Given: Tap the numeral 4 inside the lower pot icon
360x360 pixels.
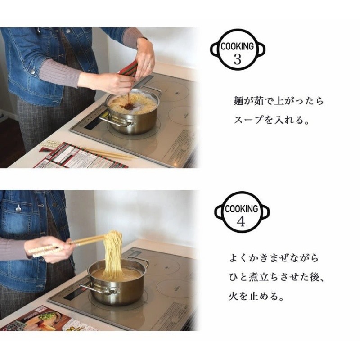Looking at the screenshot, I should coord(241,221).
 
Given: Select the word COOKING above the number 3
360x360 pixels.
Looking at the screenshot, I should coord(237,46).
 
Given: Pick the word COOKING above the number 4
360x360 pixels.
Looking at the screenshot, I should coord(241,209).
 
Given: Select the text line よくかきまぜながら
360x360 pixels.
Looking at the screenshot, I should coord(273,258).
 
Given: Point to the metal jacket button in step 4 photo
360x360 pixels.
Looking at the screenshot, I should coord(18,208).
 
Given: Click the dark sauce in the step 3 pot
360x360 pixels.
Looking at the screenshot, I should coord(130,106).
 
